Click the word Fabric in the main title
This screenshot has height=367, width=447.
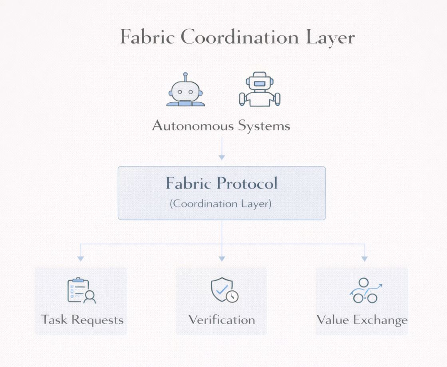click(x=147, y=37)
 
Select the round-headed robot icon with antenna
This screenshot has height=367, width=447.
click(x=185, y=91)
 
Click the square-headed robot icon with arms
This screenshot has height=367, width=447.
click(x=260, y=89)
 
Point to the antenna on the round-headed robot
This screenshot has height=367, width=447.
click(x=185, y=76)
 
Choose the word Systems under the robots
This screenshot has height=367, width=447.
click(x=264, y=126)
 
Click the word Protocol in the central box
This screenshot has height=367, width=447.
click(x=247, y=184)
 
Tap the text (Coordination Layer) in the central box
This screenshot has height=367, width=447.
click(x=221, y=204)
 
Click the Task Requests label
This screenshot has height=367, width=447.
click(x=82, y=320)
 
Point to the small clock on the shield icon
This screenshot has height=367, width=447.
click(x=232, y=296)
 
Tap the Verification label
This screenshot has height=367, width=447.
click(x=222, y=320)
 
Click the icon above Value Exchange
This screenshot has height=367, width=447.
click(x=364, y=290)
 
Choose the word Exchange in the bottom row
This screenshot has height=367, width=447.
click(x=383, y=320)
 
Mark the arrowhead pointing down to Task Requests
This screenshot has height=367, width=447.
click(x=81, y=259)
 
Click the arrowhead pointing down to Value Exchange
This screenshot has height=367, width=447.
click(x=364, y=259)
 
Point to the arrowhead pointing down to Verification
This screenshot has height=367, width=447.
click(x=222, y=259)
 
